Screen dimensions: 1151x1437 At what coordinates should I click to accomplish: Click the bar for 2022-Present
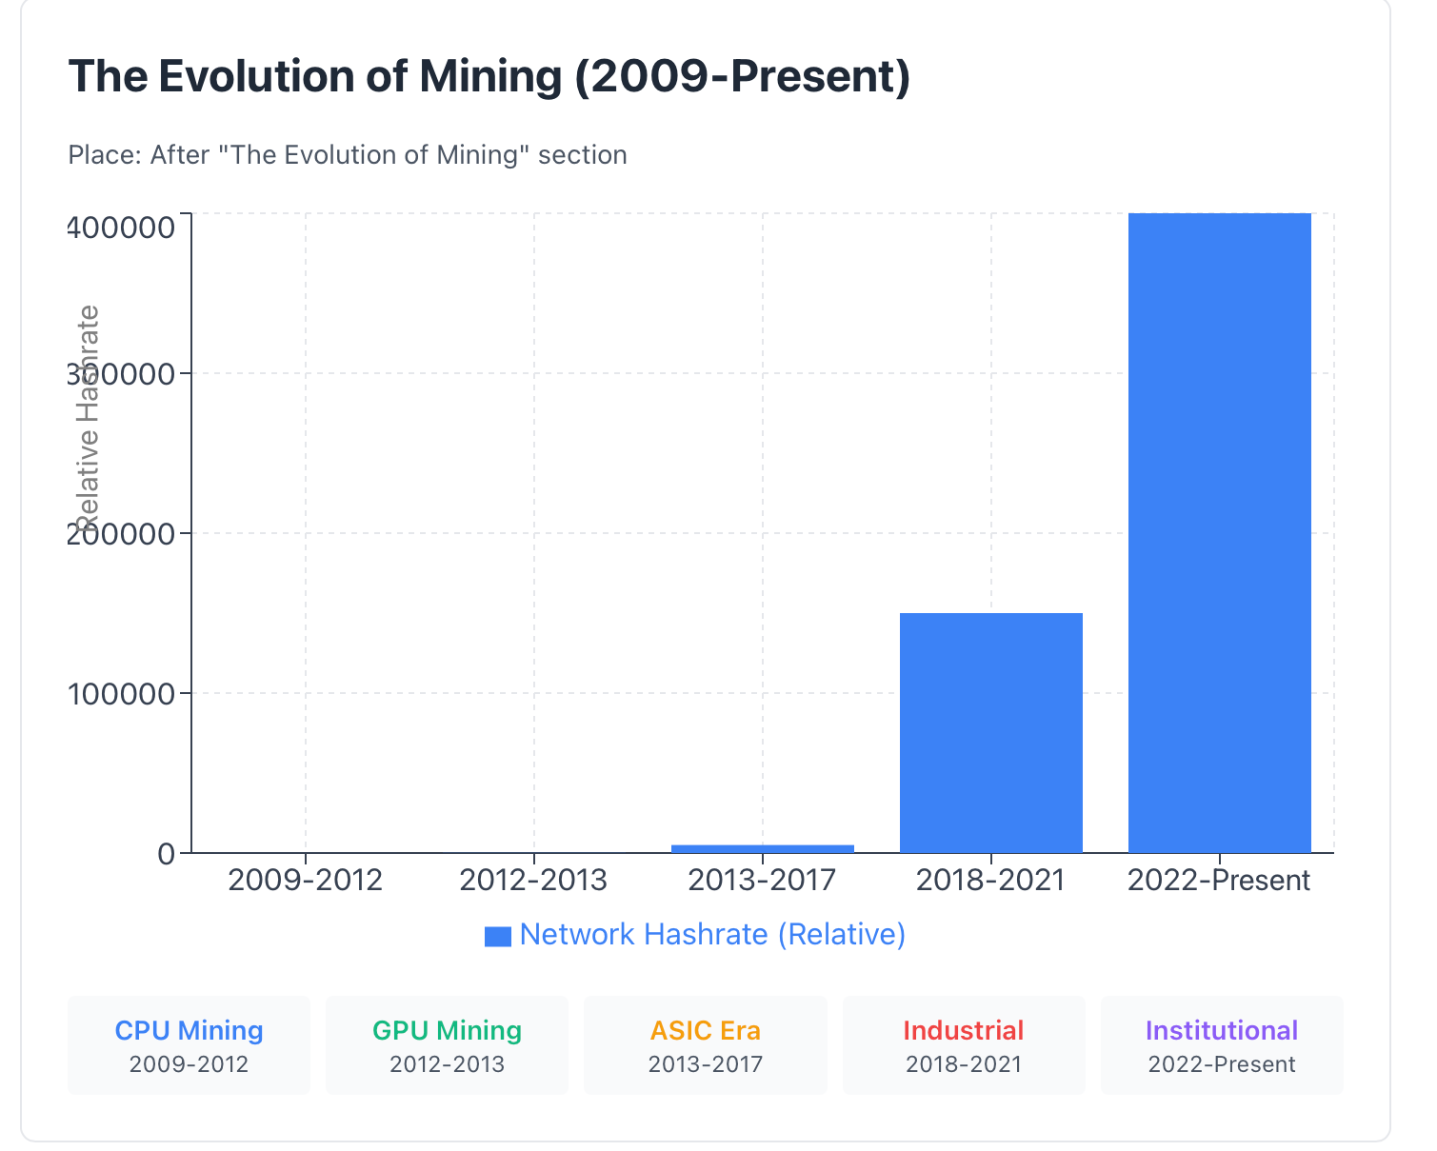pos(1219,533)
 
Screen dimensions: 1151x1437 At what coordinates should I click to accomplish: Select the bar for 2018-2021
pos(990,733)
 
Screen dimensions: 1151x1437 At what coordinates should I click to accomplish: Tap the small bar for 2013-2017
pos(762,848)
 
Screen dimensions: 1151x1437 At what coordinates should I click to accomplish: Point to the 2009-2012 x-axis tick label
pos(306,880)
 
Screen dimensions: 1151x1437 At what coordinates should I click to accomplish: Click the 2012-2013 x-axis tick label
pos(533,880)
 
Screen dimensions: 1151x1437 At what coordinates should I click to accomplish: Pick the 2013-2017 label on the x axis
pos(762,880)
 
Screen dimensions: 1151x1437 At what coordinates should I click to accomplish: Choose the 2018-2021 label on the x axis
pos(990,880)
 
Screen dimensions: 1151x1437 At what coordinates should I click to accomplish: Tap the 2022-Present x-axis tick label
pos(1219,880)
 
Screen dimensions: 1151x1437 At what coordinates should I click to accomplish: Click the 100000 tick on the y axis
pos(122,693)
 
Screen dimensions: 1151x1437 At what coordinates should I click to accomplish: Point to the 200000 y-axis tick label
pos(122,533)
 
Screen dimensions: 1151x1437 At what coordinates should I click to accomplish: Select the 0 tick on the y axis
pos(168,853)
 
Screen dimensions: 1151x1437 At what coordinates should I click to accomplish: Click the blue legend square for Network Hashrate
pos(497,937)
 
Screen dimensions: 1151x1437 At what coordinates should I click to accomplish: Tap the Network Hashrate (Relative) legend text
pos(712,934)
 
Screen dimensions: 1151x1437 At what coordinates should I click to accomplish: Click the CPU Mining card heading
pos(189,1030)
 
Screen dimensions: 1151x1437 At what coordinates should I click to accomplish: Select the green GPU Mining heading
pos(447,1030)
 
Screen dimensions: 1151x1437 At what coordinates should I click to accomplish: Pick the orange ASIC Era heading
pos(706,1030)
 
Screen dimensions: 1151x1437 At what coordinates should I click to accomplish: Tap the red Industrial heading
pos(964,1030)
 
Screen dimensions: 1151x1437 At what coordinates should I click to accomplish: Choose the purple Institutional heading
pos(1222,1030)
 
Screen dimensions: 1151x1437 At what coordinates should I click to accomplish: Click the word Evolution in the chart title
pos(255,76)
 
